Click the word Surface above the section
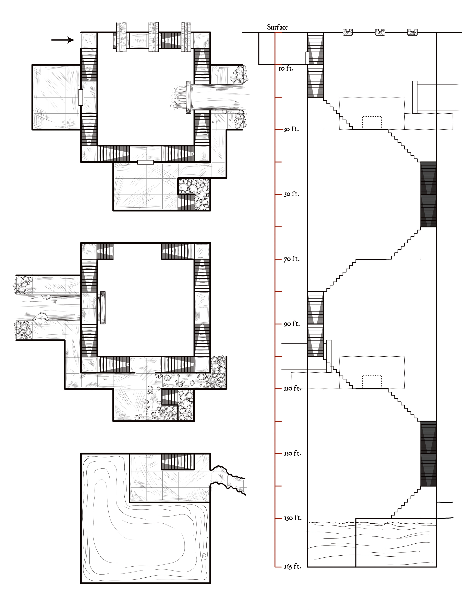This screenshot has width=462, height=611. (277, 27)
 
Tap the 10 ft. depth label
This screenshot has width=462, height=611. (286, 68)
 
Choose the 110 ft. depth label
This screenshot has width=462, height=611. (292, 388)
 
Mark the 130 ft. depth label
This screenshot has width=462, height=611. (292, 453)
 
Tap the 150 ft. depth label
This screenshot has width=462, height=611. (292, 518)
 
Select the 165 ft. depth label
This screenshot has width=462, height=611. (292, 567)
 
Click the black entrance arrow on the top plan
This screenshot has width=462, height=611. (63, 40)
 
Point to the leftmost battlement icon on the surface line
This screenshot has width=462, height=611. (348, 32)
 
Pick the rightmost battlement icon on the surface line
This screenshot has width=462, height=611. (412, 32)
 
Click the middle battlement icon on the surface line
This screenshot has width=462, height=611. (380, 32)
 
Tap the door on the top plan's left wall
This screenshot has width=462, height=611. (81, 97)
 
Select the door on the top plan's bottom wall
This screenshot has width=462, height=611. (146, 162)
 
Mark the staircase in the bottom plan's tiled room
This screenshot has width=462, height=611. (178, 462)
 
